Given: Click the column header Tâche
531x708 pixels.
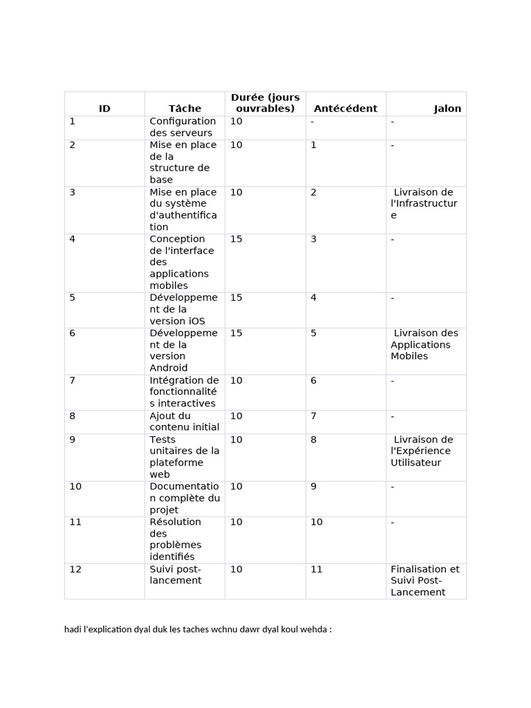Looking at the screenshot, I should [185, 109].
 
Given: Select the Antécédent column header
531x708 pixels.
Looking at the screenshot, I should [345, 109].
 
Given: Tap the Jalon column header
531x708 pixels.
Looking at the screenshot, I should [447, 109].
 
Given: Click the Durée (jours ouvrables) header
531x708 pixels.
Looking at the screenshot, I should [265, 103].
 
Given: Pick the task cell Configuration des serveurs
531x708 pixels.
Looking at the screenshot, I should [183, 127].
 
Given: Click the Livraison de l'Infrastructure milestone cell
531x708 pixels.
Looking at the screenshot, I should [423, 203].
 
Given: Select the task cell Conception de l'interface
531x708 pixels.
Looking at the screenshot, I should [182, 262].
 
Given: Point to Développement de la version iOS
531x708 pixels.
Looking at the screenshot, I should [183, 309].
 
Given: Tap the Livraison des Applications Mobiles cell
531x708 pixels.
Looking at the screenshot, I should [424, 344].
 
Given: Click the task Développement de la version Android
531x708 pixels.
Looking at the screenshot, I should [183, 351].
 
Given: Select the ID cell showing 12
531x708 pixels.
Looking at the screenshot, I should [75, 569].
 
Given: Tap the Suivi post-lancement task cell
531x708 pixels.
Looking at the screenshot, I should [175, 575].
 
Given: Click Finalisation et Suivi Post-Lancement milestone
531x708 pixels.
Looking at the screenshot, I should [425, 581].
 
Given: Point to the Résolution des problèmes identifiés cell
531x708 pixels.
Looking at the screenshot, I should [176, 539].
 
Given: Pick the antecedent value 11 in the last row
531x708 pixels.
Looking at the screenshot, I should [317, 569].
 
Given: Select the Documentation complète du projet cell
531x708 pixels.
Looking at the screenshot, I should [185, 498].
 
